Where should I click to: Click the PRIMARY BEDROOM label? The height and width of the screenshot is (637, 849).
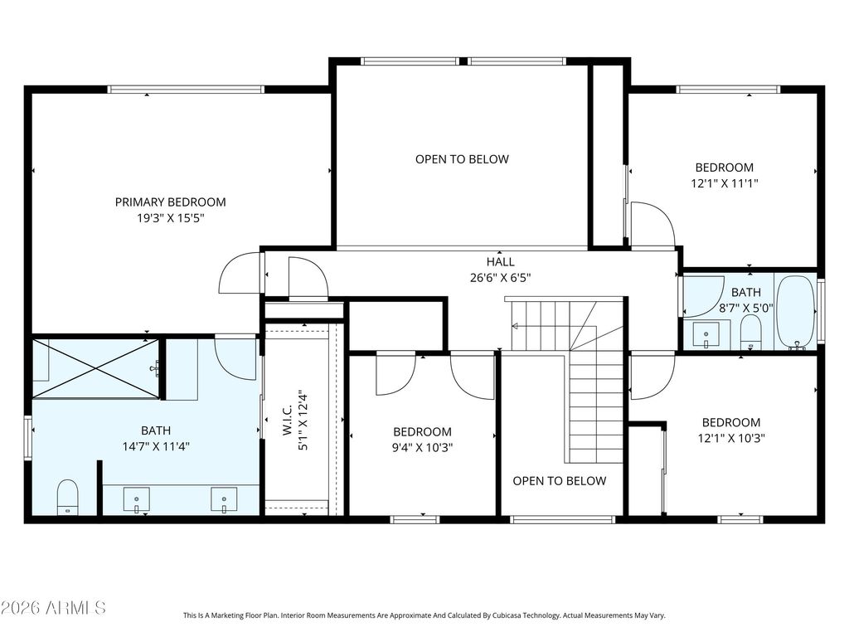pos(170,202)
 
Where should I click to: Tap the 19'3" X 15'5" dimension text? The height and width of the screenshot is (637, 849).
pos(170,218)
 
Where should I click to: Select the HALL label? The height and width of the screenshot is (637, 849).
pos(500,261)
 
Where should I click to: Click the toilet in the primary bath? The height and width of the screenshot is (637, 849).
pos(68,498)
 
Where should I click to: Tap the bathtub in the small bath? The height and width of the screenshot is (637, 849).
pos(795,313)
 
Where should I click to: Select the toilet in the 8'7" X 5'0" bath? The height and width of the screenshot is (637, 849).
pos(750,332)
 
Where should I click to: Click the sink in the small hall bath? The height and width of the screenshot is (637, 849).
pos(706,335)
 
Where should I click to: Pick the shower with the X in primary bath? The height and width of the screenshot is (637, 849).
pos(96,368)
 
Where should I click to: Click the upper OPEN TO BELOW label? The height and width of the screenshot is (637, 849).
pos(462,159)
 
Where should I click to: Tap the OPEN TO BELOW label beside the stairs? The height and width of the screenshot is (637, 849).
pos(560,481)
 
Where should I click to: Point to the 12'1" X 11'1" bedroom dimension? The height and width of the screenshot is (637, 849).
pos(725,183)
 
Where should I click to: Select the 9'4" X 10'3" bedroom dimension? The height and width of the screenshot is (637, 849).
pos(423,447)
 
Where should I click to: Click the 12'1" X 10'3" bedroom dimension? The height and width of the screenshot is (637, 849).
pos(731,438)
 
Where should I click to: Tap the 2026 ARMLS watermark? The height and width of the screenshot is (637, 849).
pos(53,608)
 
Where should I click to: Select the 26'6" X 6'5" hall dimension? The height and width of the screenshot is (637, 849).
pos(500,278)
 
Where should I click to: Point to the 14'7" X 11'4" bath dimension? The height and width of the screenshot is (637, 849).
pos(156,447)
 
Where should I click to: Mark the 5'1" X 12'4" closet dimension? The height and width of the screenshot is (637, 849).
pos(303,421)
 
